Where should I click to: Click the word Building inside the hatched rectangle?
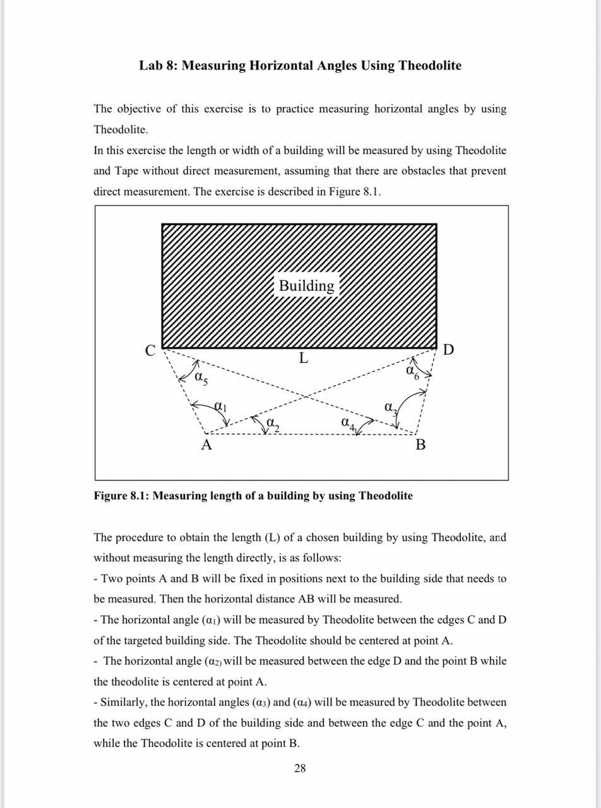(307, 285)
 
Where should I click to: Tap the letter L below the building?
(304, 359)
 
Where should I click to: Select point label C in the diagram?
(150, 351)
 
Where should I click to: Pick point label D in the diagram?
(448, 350)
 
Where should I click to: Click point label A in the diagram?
(206, 445)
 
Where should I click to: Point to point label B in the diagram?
(420, 445)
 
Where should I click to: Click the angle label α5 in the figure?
(201, 378)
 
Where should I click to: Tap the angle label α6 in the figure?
(412, 371)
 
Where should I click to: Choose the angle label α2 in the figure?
(272, 424)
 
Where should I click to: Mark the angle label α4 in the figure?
(347, 422)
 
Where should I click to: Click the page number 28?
(300, 768)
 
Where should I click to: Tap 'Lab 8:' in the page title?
(158, 66)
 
